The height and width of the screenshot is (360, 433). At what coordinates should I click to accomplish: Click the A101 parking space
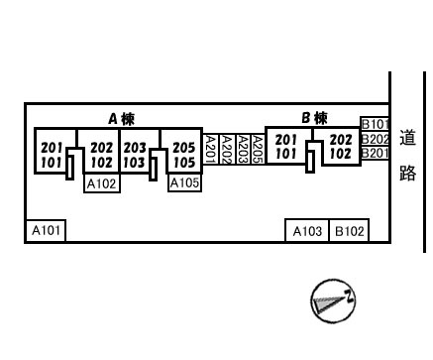[46, 230]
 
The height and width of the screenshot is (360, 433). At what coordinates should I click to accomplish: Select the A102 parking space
[102, 183]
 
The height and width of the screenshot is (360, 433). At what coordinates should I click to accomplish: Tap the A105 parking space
[184, 182]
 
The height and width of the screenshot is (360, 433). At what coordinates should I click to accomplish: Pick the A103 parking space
[307, 231]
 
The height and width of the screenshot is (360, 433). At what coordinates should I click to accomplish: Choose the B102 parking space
[349, 231]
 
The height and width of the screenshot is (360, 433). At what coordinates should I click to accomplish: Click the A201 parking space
[210, 149]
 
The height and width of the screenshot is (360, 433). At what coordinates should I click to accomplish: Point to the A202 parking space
[227, 149]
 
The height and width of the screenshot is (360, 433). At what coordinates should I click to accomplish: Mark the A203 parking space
[244, 149]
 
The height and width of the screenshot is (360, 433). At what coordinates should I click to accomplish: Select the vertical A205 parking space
[259, 149]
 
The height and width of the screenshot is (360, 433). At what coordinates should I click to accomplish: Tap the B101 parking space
[375, 124]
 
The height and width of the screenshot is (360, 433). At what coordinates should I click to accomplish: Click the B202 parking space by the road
[375, 139]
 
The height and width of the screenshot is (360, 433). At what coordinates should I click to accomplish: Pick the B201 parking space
[375, 153]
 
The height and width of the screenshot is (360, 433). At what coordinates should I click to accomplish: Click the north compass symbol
[333, 300]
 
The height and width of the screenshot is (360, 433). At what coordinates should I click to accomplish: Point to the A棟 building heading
[122, 119]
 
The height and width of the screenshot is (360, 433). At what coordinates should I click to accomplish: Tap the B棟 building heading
[314, 118]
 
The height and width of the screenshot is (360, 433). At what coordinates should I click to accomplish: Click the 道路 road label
[407, 155]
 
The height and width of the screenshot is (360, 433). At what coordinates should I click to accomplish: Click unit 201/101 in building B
[286, 146]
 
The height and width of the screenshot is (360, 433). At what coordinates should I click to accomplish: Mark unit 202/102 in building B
[341, 146]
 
